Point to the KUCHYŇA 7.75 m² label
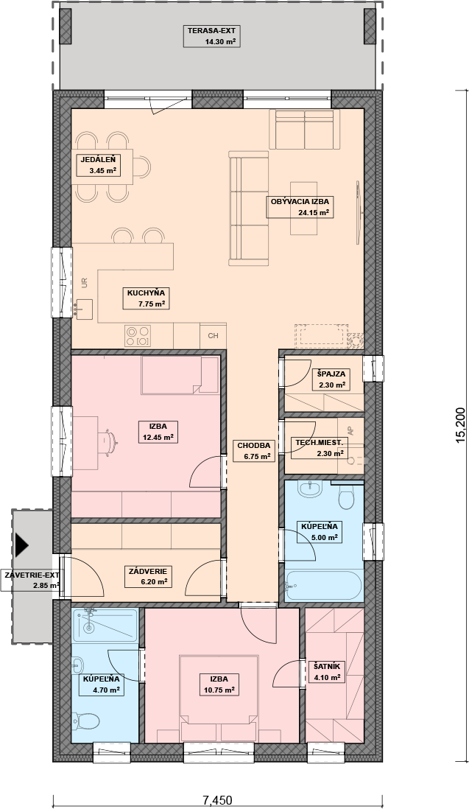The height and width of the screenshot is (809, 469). pyautogui.click(x=147, y=298)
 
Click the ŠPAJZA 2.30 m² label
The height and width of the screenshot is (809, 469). pyautogui.click(x=331, y=379)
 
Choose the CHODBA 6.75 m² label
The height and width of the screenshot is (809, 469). pyautogui.click(x=254, y=450)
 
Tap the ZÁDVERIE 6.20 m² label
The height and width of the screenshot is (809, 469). pyautogui.click(x=149, y=576)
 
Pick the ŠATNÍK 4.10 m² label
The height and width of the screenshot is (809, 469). pyautogui.click(x=327, y=671)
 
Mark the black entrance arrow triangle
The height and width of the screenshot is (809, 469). pyautogui.click(x=21, y=544)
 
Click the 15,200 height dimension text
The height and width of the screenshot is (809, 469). pyautogui.click(x=460, y=424)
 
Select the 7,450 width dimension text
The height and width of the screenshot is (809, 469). pyautogui.click(x=217, y=800)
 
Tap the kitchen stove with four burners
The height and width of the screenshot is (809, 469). pyautogui.click(x=138, y=336)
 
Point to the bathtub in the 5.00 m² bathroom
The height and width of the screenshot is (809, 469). pyautogui.click(x=324, y=586)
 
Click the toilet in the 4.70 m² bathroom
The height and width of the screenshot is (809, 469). pyautogui.click(x=86, y=721)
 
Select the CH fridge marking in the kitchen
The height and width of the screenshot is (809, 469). pyautogui.click(x=214, y=336)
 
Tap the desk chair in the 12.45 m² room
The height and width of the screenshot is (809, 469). pyautogui.click(x=110, y=442)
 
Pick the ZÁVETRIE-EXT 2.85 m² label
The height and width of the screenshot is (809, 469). pyautogui.click(x=31, y=581)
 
